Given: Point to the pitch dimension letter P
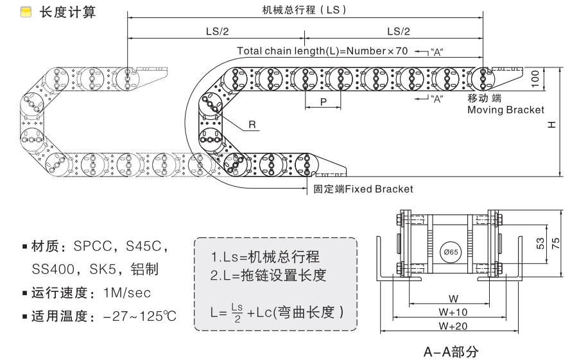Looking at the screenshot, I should coord(323,101).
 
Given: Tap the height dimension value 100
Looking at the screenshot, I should coord(534,79).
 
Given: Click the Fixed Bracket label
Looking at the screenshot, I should coord(363,189).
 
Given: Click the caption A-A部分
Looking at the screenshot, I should coord(450,351).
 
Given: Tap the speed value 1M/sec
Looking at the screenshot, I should coord(126,293).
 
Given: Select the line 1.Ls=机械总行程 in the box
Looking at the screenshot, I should coord(264,258).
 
